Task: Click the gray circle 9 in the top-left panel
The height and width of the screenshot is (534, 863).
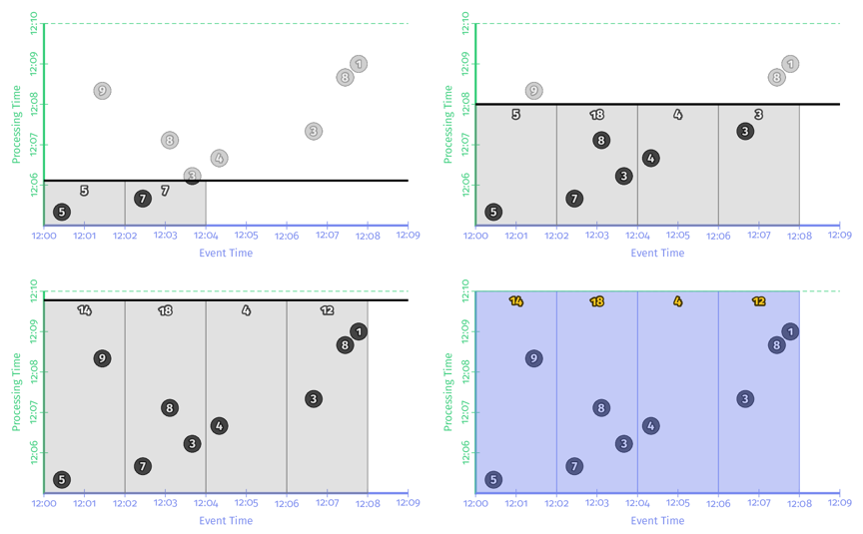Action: point(102,91)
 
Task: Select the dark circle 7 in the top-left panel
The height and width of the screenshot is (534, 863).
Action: point(143,199)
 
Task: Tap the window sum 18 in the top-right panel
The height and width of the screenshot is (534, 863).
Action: point(597,115)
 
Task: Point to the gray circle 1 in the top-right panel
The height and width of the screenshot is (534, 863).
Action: point(790,64)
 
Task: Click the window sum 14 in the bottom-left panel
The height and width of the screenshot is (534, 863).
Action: point(84,311)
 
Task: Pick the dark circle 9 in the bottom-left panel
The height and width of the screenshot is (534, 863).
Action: point(102,358)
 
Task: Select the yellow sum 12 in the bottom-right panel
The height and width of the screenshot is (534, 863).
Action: point(758,301)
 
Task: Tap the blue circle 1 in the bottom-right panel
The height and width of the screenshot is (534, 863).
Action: point(790,331)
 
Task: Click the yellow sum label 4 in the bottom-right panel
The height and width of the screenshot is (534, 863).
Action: point(677,301)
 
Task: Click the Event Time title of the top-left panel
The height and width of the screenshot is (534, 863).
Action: point(226,254)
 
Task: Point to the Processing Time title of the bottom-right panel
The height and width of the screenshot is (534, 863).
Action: point(448,390)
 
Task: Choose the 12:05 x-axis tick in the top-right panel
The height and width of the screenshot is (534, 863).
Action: point(677,237)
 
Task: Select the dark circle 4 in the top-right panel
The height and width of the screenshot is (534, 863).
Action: point(650,158)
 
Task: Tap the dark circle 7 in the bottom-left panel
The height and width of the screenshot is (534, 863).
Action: point(143,466)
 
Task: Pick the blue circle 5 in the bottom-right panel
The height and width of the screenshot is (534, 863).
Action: point(493,480)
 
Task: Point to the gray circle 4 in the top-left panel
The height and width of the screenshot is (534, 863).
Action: point(219,158)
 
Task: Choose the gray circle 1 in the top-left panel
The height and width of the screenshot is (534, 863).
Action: point(359,64)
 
